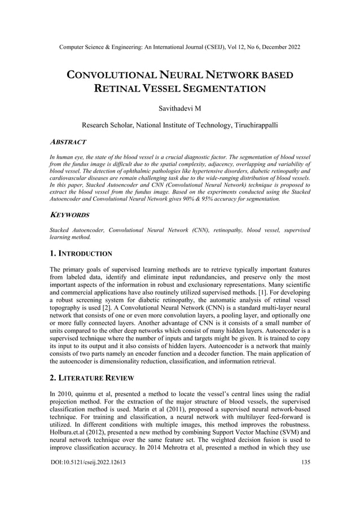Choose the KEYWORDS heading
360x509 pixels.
pyautogui.click(x=69, y=215)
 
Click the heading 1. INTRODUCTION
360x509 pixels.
pyautogui.click(x=81, y=254)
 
